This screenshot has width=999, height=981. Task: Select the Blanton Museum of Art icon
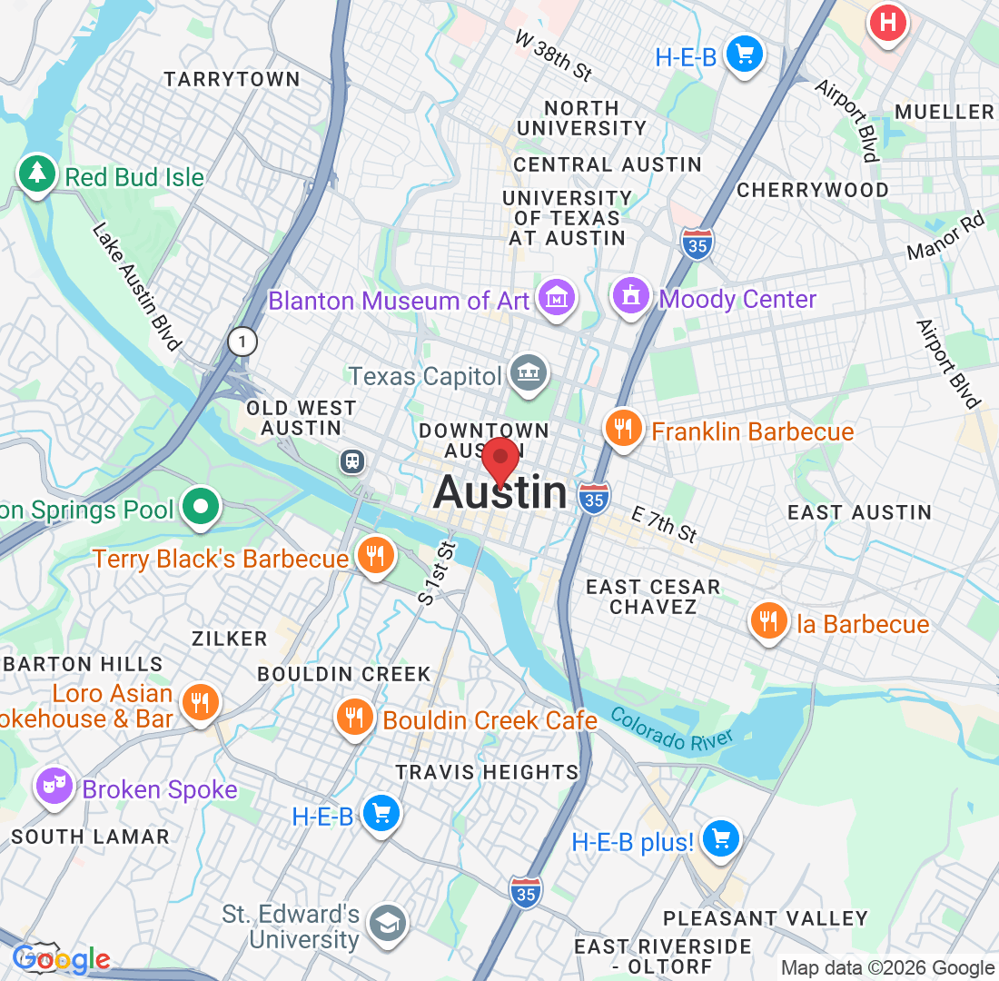pos(557,297)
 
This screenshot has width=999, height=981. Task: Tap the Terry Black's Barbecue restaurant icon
pos(373,554)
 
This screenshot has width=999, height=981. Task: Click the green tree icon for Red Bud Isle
pos(37,172)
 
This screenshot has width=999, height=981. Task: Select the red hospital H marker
pos(887,21)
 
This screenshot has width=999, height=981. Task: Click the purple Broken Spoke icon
pos(54,786)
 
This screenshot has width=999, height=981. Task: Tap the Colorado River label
pos(671,728)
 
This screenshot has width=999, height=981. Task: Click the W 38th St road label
pos(553,54)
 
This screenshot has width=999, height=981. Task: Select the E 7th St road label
pos(664,525)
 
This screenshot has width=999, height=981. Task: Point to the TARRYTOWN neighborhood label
pos(232,79)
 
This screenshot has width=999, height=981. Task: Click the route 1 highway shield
pos(242,342)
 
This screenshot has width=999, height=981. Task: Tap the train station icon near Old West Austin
pos(352,461)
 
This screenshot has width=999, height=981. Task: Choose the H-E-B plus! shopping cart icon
pos(721,837)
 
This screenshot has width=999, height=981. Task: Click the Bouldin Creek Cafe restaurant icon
pos(354,717)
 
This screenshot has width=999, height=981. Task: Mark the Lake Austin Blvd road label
pos(135,285)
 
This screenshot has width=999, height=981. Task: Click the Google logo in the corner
pos(61,958)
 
